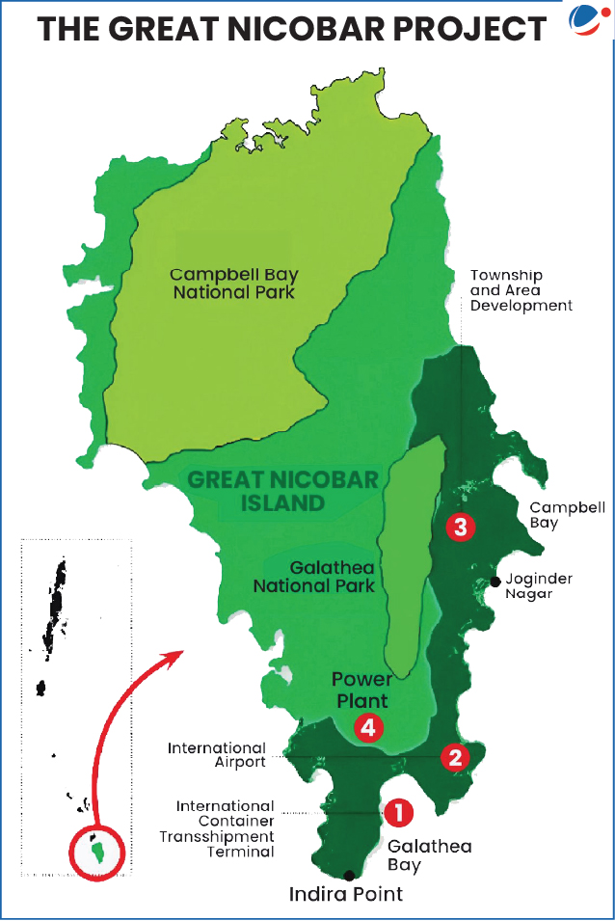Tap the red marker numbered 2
coord(454,757)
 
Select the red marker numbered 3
coord(462,527)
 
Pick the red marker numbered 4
coord(368,727)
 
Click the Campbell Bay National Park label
coord(232,282)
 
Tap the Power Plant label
coord(361,690)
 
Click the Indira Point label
coord(346,895)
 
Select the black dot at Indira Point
coord(349,875)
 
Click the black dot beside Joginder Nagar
coord(495,582)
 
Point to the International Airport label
coord(217,755)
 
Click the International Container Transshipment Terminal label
coord(225,828)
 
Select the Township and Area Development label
coord(521,290)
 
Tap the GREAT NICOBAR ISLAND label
coord(255,491)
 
